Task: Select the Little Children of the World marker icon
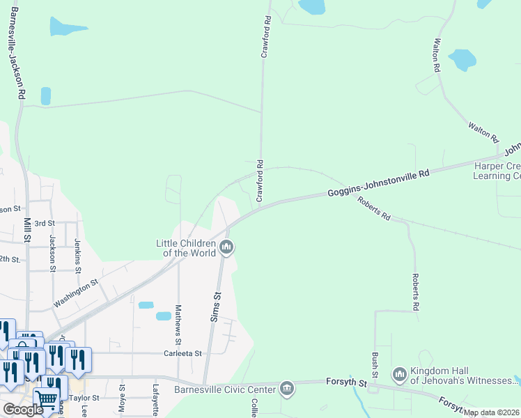(226, 247)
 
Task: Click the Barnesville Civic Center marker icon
(286, 388)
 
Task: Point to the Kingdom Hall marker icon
(399, 376)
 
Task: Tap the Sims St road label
(216, 307)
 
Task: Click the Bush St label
(375, 364)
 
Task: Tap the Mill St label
(27, 230)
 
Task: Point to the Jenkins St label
(78, 256)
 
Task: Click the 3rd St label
(45, 223)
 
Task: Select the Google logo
(22, 409)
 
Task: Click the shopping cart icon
(46, 399)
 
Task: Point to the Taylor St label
(85, 398)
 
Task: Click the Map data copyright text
(492, 412)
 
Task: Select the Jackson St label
(52, 249)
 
